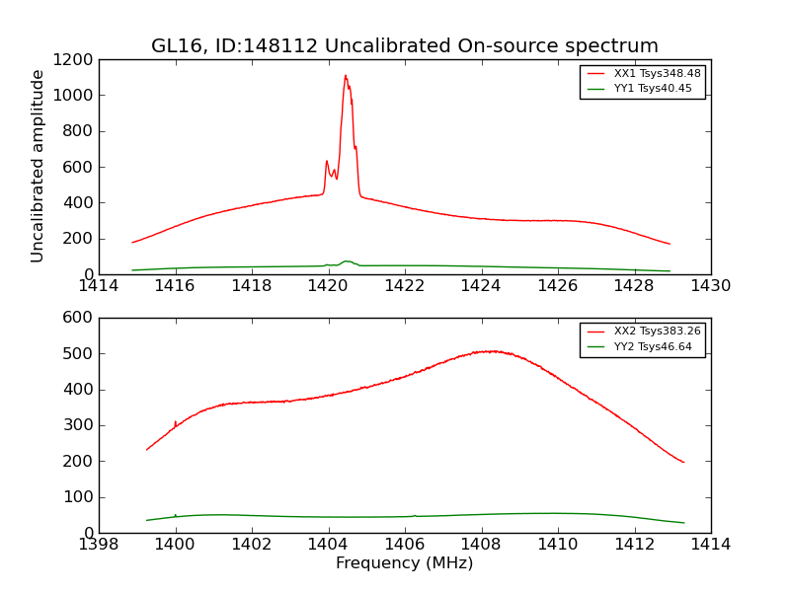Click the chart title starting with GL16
pyautogui.click(x=404, y=46)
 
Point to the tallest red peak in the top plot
pyautogui.click(x=346, y=76)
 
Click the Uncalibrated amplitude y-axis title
pyautogui.click(x=39, y=166)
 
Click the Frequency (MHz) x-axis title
pyautogui.click(x=404, y=563)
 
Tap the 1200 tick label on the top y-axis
pyautogui.click(x=73, y=59)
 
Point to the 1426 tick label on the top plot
pyautogui.click(x=557, y=286)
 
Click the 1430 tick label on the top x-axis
pyautogui.click(x=710, y=286)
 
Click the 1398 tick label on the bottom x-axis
pyautogui.click(x=99, y=545)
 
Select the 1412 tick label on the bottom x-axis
pyautogui.click(x=634, y=545)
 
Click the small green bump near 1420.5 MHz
pyautogui.click(x=347, y=261)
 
